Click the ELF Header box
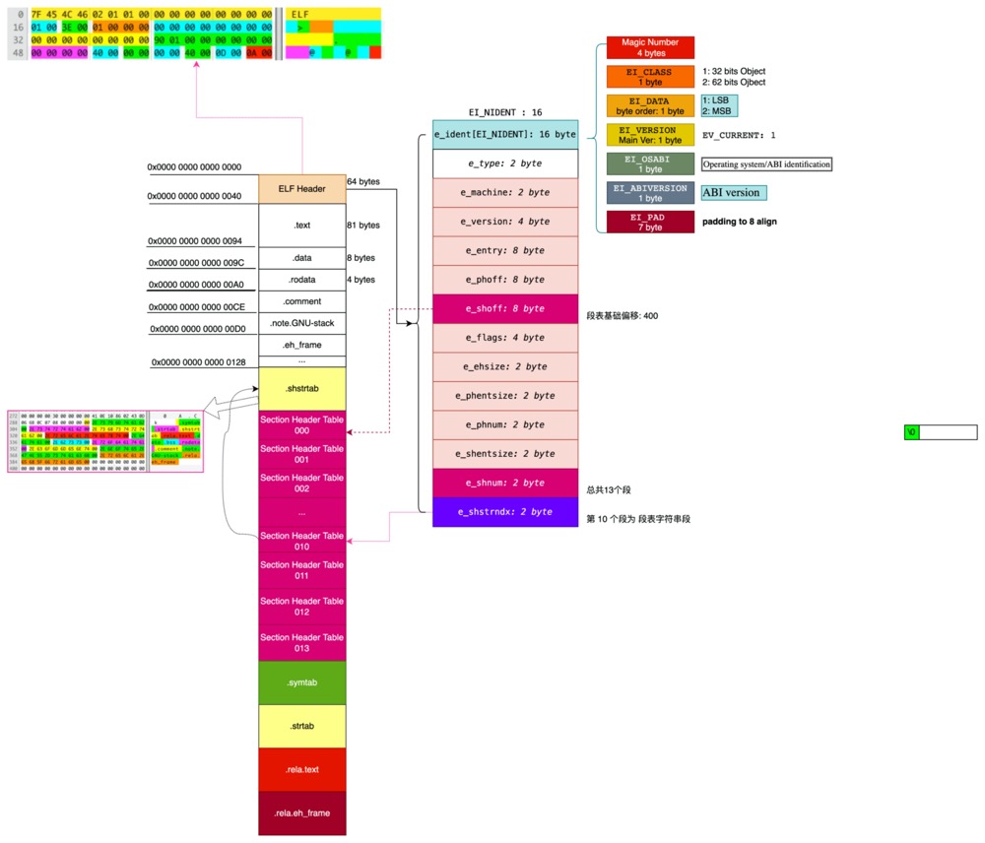tap(301, 188)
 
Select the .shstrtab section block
tap(301, 388)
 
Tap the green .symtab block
tap(301, 682)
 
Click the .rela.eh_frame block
tap(301, 812)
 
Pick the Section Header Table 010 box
tap(301, 541)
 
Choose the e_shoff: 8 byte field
tap(505, 308)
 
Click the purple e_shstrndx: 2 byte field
tap(505, 512)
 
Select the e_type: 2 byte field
tap(505, 163)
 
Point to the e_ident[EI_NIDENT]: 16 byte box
tap(505, 134)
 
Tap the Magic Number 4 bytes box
tap(650, 47)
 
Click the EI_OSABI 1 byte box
tap(650, 163)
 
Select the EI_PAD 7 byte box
tap(650, 222)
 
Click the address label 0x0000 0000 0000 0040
tap(195, 196)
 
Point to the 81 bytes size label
tap(363, 226)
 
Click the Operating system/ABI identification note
tap(766, 164)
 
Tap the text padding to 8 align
tap(739, 222)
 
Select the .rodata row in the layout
tap(301, 280)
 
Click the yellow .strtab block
tap(301, 727)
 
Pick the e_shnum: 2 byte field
tap(505, 483)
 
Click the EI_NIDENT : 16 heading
tap(505, 113)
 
